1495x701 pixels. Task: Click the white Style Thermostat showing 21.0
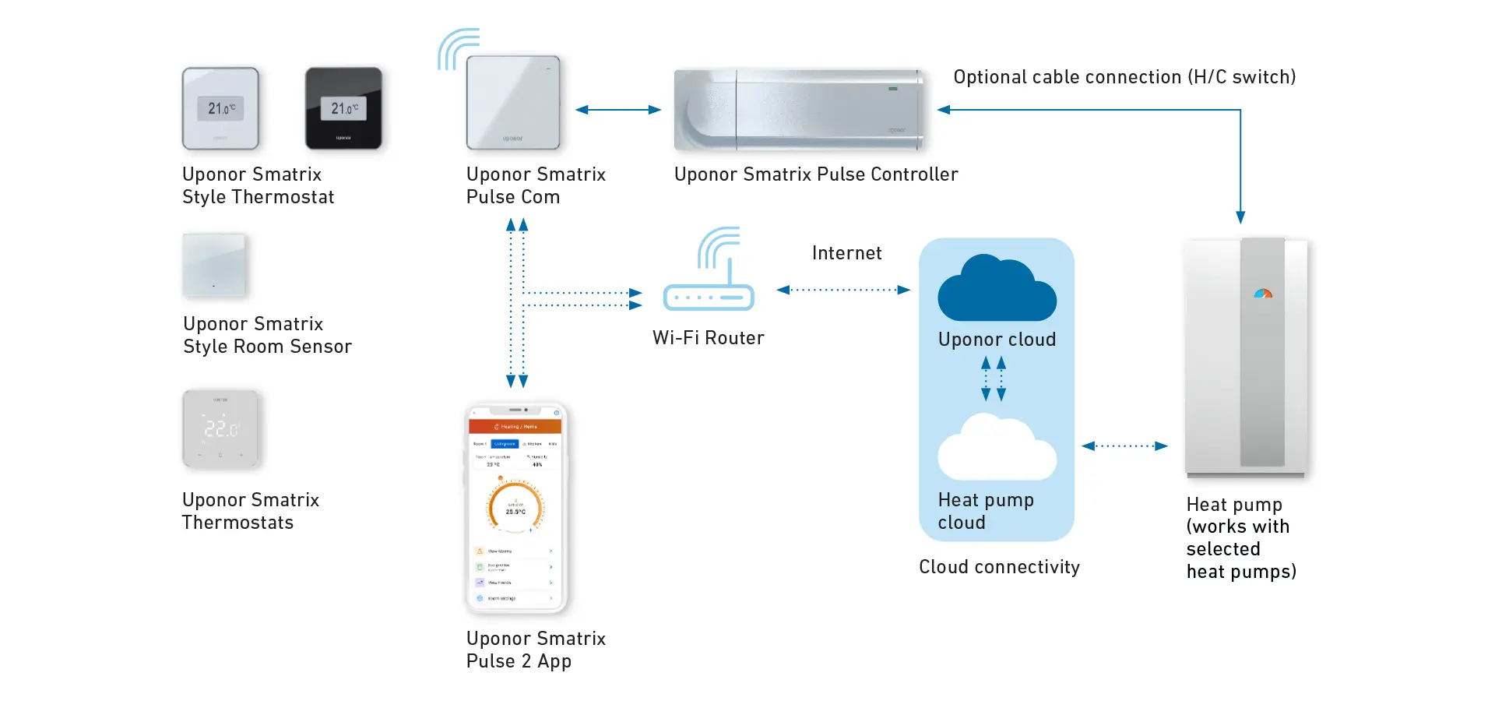pyautogui.click(x=220, y=108)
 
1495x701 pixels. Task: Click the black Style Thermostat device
pyautogui.click(x=343, y=108)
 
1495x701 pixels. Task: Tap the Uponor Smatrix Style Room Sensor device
pyautogui.click(x=214, y=266)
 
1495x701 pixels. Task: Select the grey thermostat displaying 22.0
pyautogui.click(x=221, y=429)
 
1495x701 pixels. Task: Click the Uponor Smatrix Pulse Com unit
pyautogui.click(x=513, y=103)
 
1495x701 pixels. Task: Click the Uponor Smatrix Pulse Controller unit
pyautogui.click(x=799, y=110)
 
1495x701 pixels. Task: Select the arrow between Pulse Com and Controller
pyautogui.click(x=618, y=110)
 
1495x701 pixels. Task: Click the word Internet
pyautogui.click(x=846, y=253)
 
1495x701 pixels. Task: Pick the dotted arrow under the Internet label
pyautogui.click(x=843, y=290)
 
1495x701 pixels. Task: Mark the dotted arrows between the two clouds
pyautogui.click(x=994, y=379)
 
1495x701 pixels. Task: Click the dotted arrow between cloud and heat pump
pyautogui.click(x=1124, y=446)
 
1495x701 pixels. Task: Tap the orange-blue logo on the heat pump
pyautogui.click(x=1263, y=294)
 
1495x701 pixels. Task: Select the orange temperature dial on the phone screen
pyautogui.click(x=515, y=506)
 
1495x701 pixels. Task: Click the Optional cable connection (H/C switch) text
pyautogui.click(x=1124, y=77)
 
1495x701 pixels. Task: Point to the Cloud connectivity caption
pyautogui.click(x=999, y=567)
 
